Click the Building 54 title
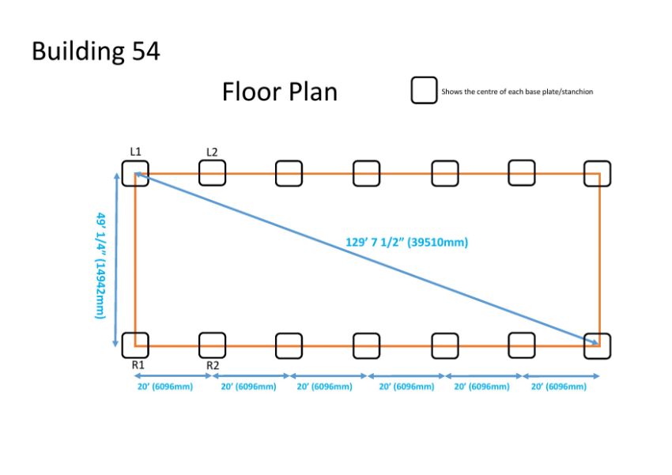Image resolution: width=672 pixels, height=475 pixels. [96, 51]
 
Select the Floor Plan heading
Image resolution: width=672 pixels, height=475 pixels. [279, 92]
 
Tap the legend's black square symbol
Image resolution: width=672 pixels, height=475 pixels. [424, 78]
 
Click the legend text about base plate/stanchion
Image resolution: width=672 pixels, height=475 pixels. [517, 92]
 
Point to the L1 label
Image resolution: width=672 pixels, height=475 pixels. [135, 152]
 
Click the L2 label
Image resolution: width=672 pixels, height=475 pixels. [212, 152]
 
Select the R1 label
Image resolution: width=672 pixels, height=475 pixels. [138, 365]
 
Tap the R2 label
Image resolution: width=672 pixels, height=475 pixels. [213, 365]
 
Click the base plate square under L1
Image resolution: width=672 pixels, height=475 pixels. [123, 173]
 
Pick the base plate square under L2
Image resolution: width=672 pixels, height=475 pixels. [200, 173]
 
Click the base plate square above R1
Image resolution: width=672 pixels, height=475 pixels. [123, 345]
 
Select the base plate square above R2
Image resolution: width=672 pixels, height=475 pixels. [200, 345]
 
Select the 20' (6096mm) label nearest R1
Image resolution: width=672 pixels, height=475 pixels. [165, 386]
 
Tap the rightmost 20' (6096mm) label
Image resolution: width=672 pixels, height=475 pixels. [559, 386]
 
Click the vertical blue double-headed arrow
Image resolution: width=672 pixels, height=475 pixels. [115, 259]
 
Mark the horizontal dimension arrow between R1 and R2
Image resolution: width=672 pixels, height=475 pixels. [173, 376]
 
